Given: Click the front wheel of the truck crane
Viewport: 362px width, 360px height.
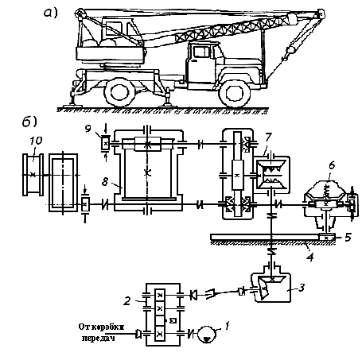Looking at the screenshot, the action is tap(234, 93).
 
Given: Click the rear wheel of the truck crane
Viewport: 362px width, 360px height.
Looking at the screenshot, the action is tap(120, 92).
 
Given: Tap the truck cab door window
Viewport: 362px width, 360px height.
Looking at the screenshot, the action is tap(201, 52).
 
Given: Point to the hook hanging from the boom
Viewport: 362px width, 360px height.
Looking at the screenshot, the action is tap(284, 57).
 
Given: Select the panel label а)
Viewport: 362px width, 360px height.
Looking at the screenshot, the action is tap(50, 13).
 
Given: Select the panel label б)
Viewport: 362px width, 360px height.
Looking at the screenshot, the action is tap(29, 122).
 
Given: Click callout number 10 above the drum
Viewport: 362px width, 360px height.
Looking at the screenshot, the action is tap(36, 141).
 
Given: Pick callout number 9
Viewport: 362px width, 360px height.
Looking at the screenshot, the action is tap(88, 129).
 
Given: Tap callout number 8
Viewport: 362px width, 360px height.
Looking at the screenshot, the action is tap(105, 182).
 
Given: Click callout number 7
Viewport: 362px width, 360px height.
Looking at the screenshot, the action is tap(268, 137).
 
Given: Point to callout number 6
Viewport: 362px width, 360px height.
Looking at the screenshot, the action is tap(332, 165).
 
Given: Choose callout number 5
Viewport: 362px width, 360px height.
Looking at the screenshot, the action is tap(348, 237).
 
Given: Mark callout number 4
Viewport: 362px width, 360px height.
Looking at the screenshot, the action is tap(310, 257).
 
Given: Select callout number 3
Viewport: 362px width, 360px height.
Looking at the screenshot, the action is tap(302, 288).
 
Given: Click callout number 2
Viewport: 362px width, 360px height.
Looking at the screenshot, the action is tap(127, 301).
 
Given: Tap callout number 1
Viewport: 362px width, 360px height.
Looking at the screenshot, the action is tap(227, 326).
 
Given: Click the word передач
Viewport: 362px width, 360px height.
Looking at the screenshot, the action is tap(99, 339).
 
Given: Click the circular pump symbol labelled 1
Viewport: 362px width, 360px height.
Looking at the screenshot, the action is tap(207, 335).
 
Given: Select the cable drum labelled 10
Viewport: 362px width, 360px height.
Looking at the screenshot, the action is tap(33, 175).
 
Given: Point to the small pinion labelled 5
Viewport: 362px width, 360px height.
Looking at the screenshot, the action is tap(326, 238).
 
